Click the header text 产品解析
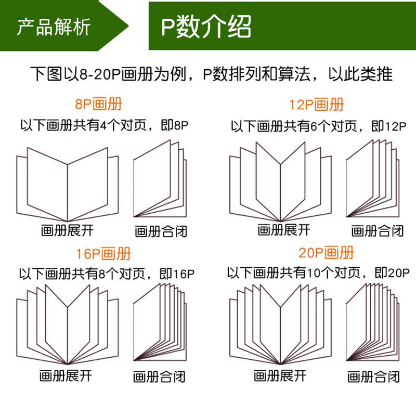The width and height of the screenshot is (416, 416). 54,27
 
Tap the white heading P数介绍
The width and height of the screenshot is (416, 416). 206,27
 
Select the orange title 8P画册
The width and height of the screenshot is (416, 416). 99,104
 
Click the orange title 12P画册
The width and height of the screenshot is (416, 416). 317,105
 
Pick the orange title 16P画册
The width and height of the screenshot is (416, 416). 103,254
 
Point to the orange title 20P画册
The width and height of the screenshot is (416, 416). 326,253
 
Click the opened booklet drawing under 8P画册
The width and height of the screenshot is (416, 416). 68,182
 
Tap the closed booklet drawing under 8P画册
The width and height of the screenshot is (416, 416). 159,179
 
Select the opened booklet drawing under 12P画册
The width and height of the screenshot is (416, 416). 281,182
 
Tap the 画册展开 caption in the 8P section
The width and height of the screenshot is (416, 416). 67,229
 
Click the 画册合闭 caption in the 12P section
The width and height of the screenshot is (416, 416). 378,231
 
